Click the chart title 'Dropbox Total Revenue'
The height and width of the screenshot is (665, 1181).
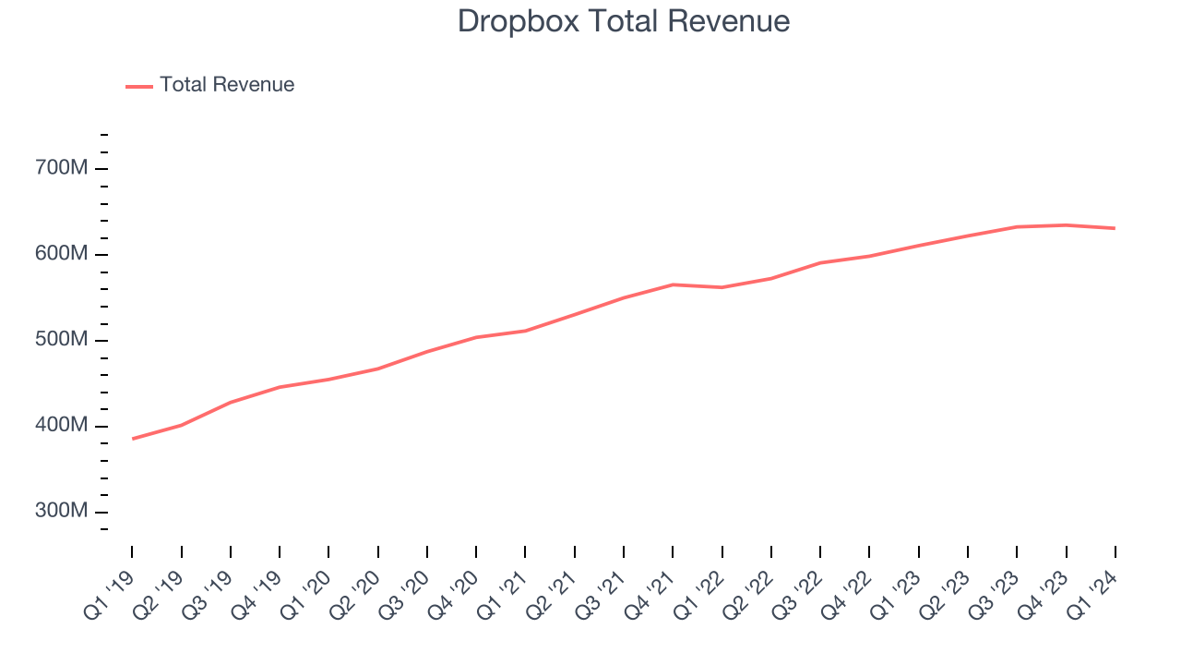(x=624, y=21)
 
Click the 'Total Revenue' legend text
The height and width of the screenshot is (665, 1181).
(x=227, y=85)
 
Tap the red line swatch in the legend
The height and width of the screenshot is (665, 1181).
(x=139, y=86)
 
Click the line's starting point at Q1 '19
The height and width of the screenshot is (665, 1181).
(x=132, y=439)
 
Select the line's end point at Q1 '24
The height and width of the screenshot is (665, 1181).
(x=1115, y=228)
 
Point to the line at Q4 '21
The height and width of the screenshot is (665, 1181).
(x=673, y=284)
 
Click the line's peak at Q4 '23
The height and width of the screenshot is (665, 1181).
(x=1066, y=225)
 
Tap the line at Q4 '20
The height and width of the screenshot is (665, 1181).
(x=476, y=337)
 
